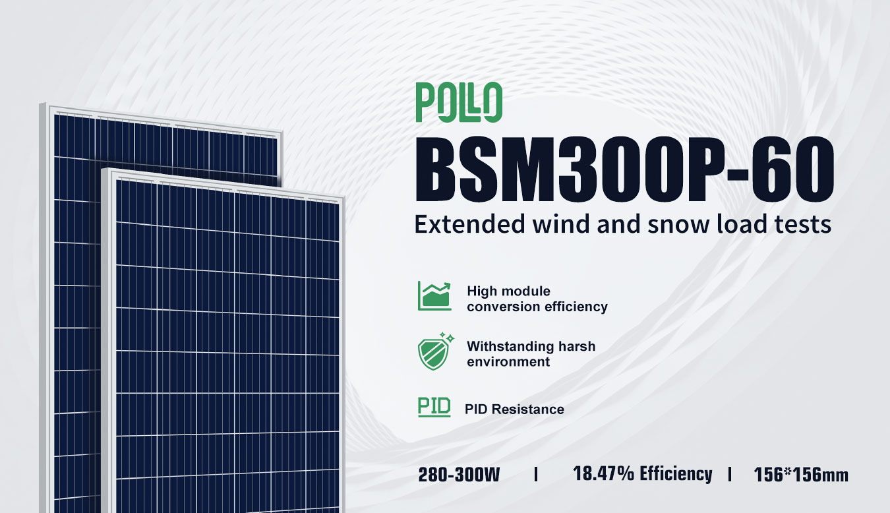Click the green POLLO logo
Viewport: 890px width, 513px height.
coord(459,102)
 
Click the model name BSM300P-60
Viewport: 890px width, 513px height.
coord(624,169)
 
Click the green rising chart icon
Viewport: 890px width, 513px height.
coord(434,295)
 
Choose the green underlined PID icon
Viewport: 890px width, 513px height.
coord(434,407)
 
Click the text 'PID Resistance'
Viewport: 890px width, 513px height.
coord(514,409)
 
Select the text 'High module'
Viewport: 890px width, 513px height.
coord(508,291)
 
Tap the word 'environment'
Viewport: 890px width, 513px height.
coord(508,361)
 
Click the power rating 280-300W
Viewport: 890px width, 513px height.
coord(459,475)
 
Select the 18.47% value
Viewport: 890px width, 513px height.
coord(603,473)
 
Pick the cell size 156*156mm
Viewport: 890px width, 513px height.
coord(800,475)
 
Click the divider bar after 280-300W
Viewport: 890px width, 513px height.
coord(537,474)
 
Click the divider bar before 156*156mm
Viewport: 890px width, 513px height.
coord(730,474)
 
